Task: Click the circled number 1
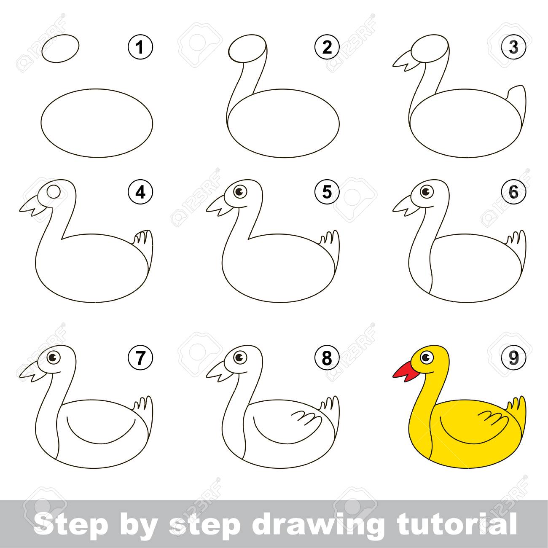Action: pyautogui.click(x=140, y=47)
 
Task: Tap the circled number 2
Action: pyautogui.click(x=327, y=47)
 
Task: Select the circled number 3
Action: pyautogui.click(x=513, y=47)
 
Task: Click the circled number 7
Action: pyautogui.click(x=140, y=358)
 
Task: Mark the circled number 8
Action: pyautogui.click(x=327, y=358)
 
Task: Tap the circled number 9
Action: pyautogui.click(x=513, y=358)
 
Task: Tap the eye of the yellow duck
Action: pyautogui.click(x=426, y=357)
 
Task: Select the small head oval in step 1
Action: pyautogui.click(x=60, y=48)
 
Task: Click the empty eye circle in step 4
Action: pyautogui.click(x=54, y=192)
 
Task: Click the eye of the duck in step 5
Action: pyautogui.click(x=239, y=192)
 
